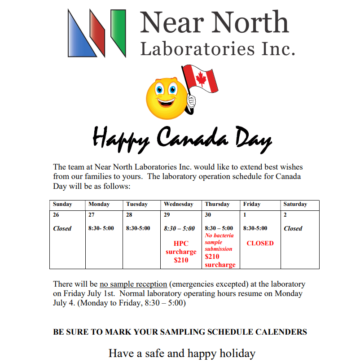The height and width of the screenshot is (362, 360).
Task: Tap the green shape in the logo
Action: [x=118, y=31]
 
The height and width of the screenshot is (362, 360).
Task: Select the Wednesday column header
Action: [x=178, y=204]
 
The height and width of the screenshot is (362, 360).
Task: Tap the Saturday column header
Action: [x=295, y=204]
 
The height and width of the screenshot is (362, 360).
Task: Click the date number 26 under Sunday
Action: [x=56, y=215]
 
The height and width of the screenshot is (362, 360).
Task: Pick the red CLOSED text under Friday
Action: [x=260, y=243]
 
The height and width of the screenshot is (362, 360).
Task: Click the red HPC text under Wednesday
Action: [x=181, y=244]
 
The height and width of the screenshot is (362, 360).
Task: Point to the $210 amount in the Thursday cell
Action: [x=212, y=257]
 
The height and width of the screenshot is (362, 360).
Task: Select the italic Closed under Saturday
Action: [x=293, y=228]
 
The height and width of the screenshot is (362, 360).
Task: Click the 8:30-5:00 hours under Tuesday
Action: [x=138, y=228]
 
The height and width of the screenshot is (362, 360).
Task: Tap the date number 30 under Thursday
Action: [x=208, y=215]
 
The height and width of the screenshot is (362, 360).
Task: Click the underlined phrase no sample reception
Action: [x=133, y=284]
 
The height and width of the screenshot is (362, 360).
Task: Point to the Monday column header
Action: [x=99, y=204]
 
